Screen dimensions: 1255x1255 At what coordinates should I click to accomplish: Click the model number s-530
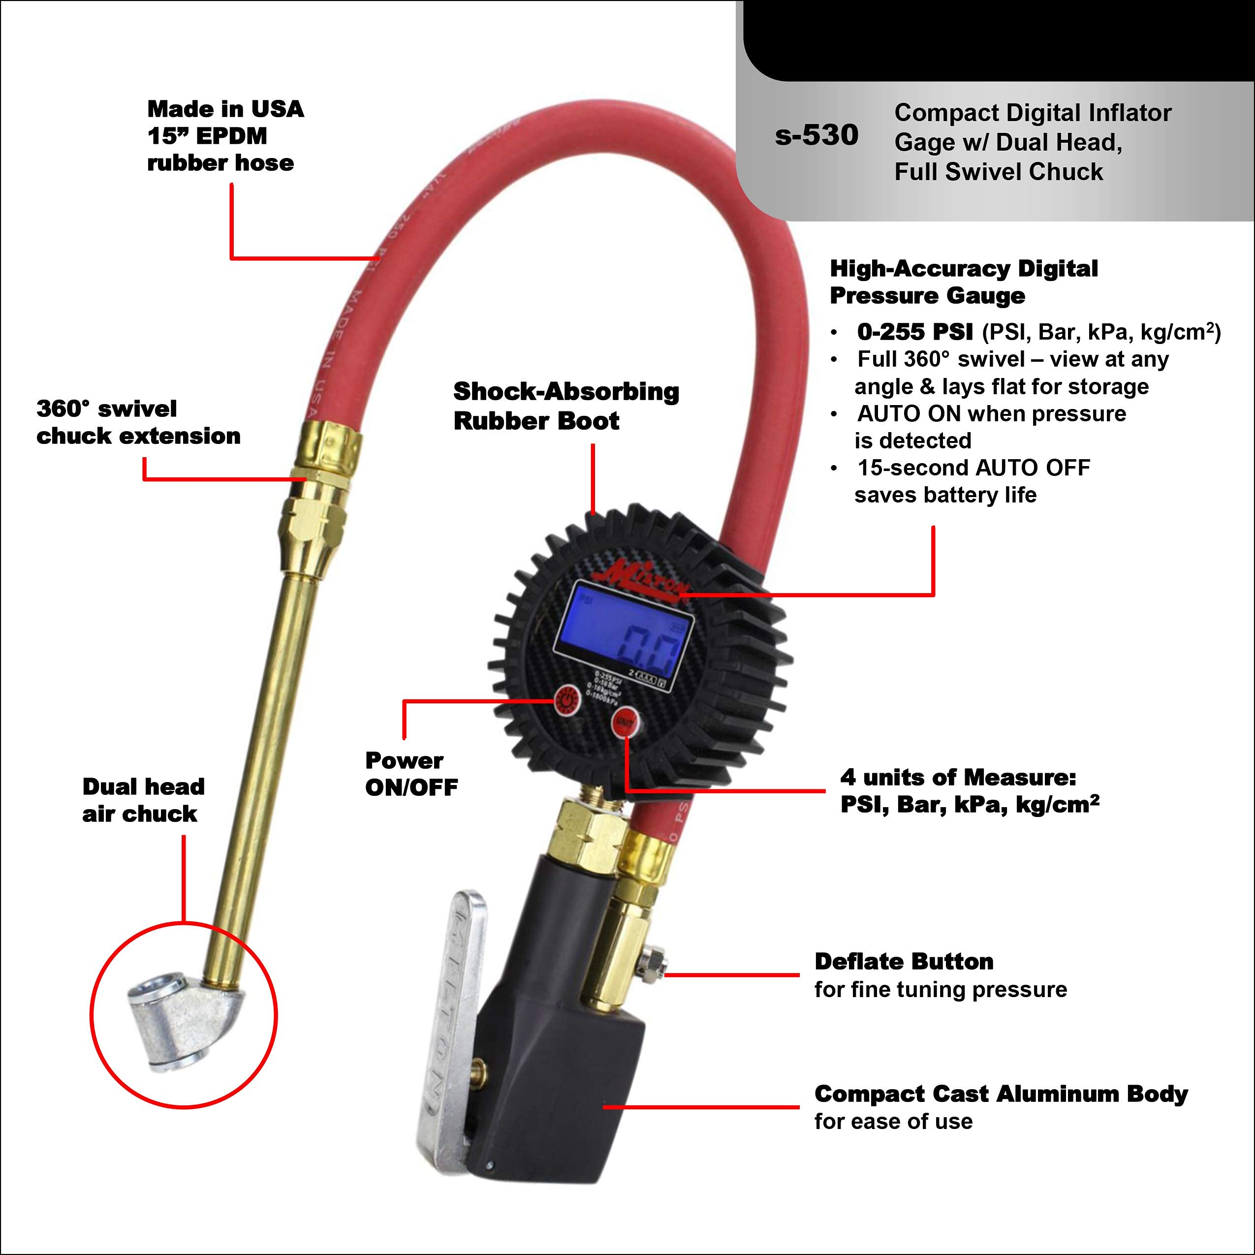click(816, 136)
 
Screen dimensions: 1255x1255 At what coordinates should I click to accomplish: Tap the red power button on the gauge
click(566, 701)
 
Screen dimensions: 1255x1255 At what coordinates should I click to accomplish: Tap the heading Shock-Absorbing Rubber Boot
click(565, 406)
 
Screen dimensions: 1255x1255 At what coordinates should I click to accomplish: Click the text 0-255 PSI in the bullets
click(914, 332)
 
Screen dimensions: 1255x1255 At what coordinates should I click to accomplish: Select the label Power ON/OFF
click(410, 774)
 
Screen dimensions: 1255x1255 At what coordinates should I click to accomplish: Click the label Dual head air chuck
click(143, 800)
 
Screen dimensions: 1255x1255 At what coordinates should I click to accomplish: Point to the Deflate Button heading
click(904, 961)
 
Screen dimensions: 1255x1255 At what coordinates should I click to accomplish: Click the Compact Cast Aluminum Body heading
click(1001, 1094)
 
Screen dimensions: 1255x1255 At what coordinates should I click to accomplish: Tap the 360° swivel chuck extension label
click(138, 422)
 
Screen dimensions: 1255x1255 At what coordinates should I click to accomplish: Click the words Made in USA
click(225, 108)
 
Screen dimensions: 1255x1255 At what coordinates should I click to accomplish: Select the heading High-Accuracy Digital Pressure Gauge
click(963, 282)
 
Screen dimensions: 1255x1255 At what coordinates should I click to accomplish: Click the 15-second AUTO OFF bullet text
click(973, 468)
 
